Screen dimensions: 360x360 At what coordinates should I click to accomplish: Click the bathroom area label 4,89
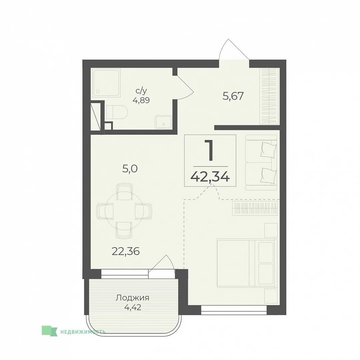coord(141,100)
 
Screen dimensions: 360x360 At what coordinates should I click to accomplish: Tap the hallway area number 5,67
coord(233,96)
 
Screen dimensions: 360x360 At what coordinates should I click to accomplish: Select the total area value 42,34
coord(210,177)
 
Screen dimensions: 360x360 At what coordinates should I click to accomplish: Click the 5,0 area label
coord(130,169)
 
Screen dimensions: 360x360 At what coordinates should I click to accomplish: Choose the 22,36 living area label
coord(126,251)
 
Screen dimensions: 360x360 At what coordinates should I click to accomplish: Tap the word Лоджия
coord(132,298)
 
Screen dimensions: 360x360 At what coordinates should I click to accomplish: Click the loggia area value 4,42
coord(132,307)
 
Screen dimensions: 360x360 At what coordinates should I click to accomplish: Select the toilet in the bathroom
coord(117,112)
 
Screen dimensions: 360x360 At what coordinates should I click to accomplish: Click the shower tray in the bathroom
coord(107,83)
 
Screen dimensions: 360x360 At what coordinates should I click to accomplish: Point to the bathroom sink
coord(163,122)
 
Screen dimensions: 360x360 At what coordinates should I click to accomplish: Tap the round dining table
coord(124,211)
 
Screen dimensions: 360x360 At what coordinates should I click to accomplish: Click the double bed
coord(247,263)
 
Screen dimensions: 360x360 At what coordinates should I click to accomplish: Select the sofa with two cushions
coord(261,162)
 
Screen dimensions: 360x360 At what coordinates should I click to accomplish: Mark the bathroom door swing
coord(186,88)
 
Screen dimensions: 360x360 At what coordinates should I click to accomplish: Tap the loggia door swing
coord(162,264)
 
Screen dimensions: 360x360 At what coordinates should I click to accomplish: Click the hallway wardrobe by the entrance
coord(269,96)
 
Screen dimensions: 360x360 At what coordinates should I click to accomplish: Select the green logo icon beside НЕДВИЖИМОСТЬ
coord(49,331)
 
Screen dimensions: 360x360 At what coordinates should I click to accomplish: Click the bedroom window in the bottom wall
coord(234,310)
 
